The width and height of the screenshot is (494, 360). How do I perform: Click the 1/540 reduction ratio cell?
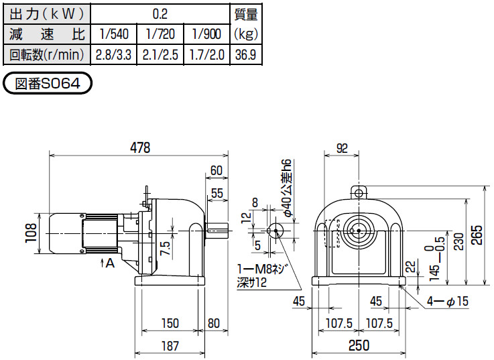tap(114, 34)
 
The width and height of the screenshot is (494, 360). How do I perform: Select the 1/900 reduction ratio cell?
tap(206, 34)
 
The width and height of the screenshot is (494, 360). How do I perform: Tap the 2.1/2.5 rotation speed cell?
tap(160, 55)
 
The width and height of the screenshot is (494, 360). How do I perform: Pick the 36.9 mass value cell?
tap(246, 55)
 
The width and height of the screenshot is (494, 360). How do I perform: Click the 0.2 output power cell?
tap(160, 14)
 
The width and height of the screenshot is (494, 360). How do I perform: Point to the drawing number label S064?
tap(48, 83)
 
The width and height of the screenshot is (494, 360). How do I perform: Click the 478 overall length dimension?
tap(140, 147)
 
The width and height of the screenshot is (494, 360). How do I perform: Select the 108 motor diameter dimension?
tap(32, 233)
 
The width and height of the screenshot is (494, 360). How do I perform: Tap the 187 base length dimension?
tap(170, 346)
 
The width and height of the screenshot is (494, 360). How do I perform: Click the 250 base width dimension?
tap(359, 345)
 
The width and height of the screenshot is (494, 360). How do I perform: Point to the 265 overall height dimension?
tap(477, 235)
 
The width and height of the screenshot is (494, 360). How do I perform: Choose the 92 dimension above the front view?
tap(342, 148)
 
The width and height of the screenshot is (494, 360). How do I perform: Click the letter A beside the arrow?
tap(110, 263)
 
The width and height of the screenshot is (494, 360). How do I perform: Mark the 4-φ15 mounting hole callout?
tap(448, 302)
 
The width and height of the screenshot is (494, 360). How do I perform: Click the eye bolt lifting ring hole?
tap(359, 193)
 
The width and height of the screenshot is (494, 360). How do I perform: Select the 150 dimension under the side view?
tap(170, 323)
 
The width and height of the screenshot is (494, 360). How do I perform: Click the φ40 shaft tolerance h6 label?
tap(288, 187)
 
